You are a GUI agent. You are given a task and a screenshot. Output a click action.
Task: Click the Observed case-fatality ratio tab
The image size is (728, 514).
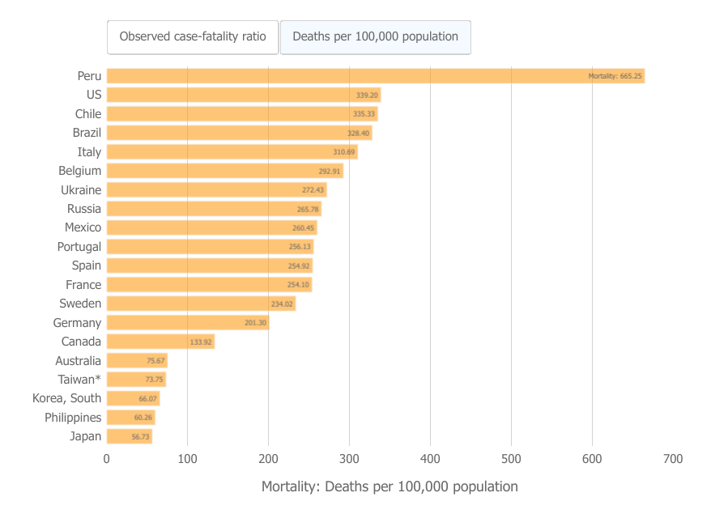click(193, 36)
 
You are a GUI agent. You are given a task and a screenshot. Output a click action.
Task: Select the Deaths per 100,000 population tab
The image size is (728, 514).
click(375, 36)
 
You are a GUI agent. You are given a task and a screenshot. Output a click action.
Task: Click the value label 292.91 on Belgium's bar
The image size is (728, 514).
click(330, 172)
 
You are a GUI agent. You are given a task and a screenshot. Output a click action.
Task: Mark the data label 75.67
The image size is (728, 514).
click(155, 361)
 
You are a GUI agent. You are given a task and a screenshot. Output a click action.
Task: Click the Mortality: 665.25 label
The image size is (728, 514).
click(615, 76)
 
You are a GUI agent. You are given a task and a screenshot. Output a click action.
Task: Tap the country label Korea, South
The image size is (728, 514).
click(67, 398)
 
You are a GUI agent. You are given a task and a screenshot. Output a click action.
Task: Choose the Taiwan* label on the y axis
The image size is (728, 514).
click(79, 380)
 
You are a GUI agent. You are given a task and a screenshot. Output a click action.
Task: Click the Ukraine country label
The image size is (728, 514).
click(81, 190)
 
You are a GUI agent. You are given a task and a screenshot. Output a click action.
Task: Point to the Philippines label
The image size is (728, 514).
click(73, 418)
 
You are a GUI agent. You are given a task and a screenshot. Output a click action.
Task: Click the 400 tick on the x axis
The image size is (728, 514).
click(430, 459)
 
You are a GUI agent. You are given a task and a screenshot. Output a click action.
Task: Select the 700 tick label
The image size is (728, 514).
click(673, 459)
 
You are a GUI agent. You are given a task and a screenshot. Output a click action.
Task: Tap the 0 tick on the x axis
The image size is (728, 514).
click(107, 459)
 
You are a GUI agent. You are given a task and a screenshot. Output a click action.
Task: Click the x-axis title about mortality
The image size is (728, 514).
click(390, 486)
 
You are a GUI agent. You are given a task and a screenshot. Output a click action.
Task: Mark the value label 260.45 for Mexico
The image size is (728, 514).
click(304, 228)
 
